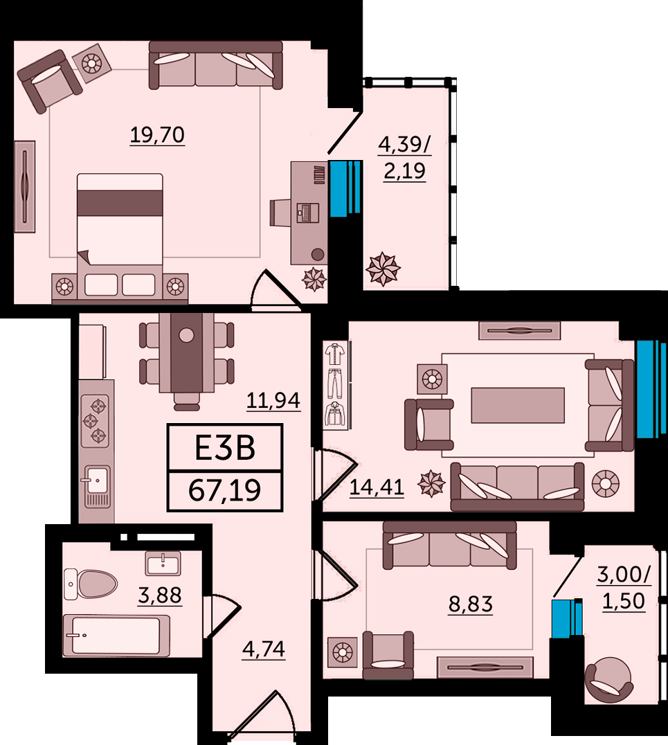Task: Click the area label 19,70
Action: tap(157, 135)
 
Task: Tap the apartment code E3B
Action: tap(225, 448)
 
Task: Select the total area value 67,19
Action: tap(225, 490)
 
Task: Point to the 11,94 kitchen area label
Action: tap(273, 400)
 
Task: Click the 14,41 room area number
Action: tap(377, 487)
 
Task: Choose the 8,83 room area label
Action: tap(470, 604)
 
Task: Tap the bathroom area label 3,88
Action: tap(160, 595)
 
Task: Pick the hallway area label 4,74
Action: tap(264, 649)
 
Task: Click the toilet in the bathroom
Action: tap(90, 584)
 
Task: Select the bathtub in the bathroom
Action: tap(116, 636)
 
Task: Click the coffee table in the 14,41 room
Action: tap(518, 405)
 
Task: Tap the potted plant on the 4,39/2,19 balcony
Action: tap(383, 269)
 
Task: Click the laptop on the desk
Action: tap(307, 213)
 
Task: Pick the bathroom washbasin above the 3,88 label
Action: tap(163, 564)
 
